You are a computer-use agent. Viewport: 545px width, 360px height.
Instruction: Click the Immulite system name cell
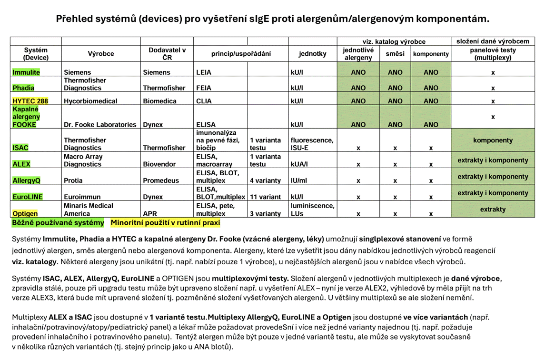(x=26, y=72)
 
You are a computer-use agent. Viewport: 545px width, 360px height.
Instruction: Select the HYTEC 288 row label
(x=30, y=101)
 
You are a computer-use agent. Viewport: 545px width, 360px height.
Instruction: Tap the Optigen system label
(x=25, y=214)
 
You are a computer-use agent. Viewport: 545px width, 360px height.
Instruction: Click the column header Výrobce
(x=101, y=54)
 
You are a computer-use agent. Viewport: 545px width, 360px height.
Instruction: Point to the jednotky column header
(x=312, y=54)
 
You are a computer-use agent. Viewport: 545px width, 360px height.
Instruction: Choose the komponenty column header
(x=431, y=54)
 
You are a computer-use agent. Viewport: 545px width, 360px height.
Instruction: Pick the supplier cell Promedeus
(x=164, y=181)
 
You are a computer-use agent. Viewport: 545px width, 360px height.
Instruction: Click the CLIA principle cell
(x=204, y=101)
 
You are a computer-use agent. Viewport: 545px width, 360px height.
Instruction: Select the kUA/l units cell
(x=299, y=164)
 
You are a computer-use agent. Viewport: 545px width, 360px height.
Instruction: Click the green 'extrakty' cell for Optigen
(x=493, y=209)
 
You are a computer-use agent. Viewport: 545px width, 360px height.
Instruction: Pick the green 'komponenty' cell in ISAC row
(x=493, y=140)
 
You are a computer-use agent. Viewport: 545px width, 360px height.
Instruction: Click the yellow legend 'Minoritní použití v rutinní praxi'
(x=165, y=222)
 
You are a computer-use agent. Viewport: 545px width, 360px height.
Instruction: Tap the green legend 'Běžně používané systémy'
(x=58, y=222)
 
